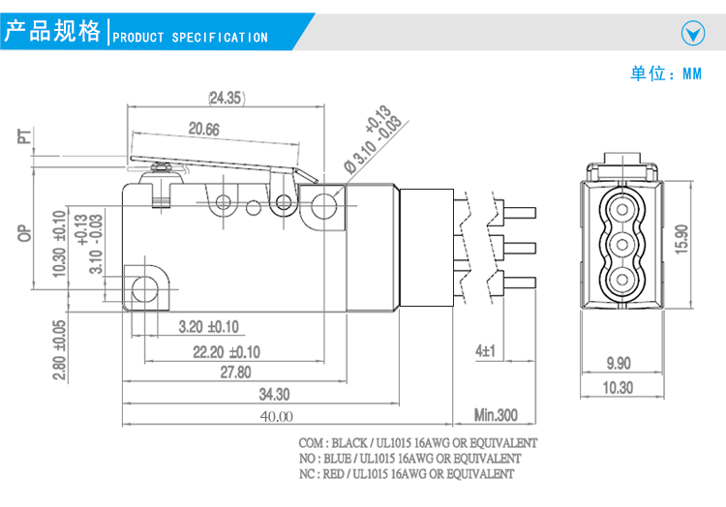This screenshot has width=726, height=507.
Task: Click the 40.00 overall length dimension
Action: click(x=275, y=416)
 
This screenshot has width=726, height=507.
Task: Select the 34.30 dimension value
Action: click(x=275, y=394)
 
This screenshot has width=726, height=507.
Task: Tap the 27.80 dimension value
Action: click(x=235, y=373)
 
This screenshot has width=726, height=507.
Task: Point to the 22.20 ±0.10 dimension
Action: click(x=226, y=350)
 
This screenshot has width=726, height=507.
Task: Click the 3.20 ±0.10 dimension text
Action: click(x=208, y=327)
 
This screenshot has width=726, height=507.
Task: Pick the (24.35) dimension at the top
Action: click(x=226, y=97)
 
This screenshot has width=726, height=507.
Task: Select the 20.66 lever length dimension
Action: click(x=203, y=129)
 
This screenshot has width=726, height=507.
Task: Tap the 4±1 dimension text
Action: click(x=485, y=350)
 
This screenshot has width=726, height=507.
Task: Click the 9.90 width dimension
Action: click(x=618, y=363)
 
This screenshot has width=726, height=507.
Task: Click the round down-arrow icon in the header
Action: click(x=693, y=34)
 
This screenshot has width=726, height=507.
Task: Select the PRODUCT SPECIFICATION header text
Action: click(x=191, y=38)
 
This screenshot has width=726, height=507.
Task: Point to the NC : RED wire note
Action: click(x=407, y=474)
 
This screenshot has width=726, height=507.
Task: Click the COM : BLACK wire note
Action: click(x=418, y=442)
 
